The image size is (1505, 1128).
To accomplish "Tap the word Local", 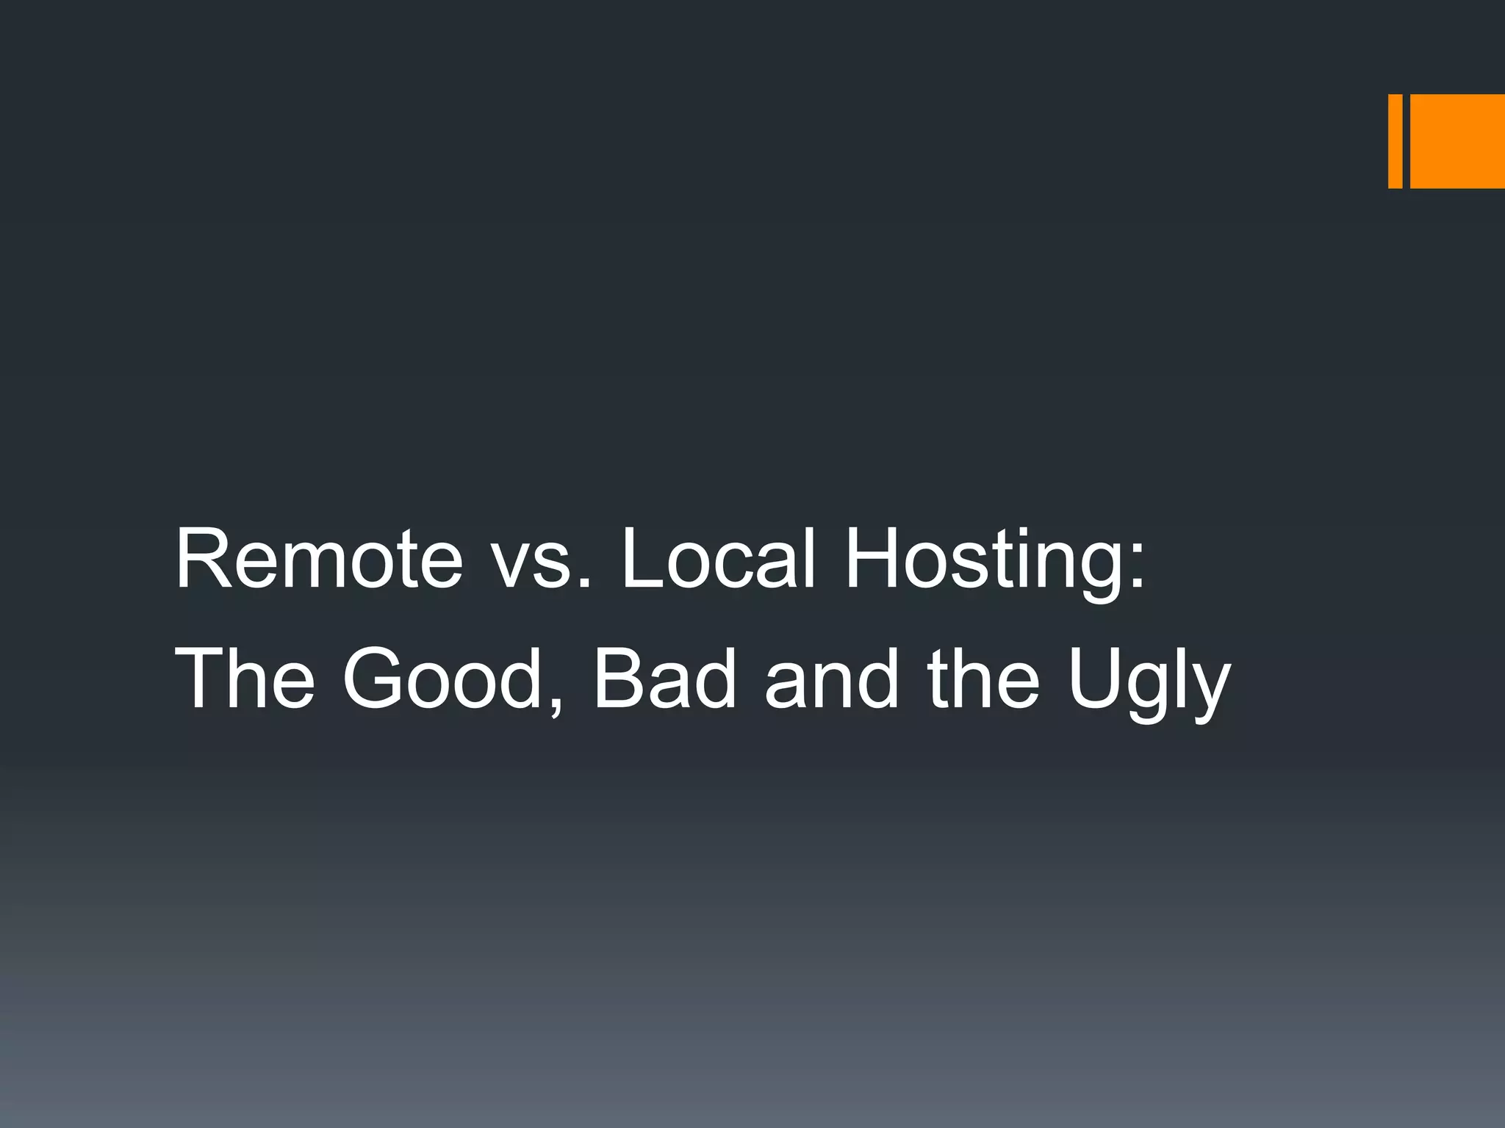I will click(x=718, y=560).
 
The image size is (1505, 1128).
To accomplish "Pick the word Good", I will click(x=441, y=679).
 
